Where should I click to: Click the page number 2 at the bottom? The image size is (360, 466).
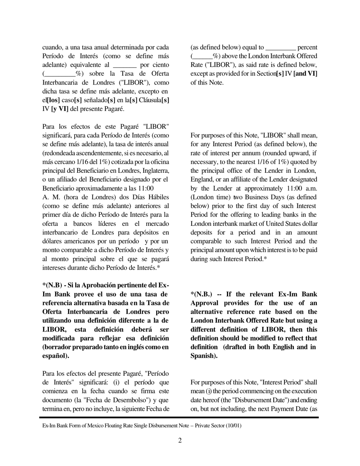click(x=180, y=440)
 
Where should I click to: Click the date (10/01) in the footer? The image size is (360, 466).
click(x=233, y=425)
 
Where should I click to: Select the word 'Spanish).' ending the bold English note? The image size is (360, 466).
click(x=204, y=356)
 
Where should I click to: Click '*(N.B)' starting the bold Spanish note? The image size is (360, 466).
click(x=52, y=285)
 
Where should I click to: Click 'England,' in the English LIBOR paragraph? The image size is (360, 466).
click(x=202, y=179)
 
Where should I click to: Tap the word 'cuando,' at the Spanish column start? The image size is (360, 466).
click(x=52, y=47)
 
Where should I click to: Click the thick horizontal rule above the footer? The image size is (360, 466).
click(x=179, y=418)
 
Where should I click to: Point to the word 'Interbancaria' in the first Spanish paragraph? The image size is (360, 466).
click(x=61, y=83)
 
